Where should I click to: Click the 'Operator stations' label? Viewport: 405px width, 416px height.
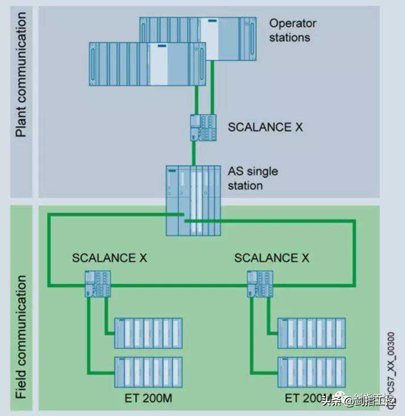click(292, 31)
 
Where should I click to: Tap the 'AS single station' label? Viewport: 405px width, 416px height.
click(253, 178)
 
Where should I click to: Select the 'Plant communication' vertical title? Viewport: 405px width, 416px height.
click(21, 74)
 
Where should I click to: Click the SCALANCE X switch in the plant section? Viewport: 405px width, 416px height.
click(204, 127)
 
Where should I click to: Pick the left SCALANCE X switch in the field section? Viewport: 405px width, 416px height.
click(98, 283)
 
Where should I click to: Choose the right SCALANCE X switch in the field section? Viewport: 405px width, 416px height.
click(260, 283)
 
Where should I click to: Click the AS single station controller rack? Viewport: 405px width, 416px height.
click(193, 200)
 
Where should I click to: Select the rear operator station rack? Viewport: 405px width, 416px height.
click(227, 31)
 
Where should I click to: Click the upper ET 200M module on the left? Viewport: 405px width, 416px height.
click(148, 333)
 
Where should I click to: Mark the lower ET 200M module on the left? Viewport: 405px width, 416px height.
click(148, 372)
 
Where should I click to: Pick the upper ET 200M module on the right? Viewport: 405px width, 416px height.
click(311, 333)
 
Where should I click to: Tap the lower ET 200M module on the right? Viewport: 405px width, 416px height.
click(311, 372)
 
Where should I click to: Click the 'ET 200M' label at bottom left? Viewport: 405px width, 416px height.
click(148, 398)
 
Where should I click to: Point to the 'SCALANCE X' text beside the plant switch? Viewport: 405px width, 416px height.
click(265, 127)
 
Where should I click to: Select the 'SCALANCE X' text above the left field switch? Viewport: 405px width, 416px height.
click(109, 258)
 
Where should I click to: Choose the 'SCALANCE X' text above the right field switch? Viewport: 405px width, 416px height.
click(272, 258)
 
